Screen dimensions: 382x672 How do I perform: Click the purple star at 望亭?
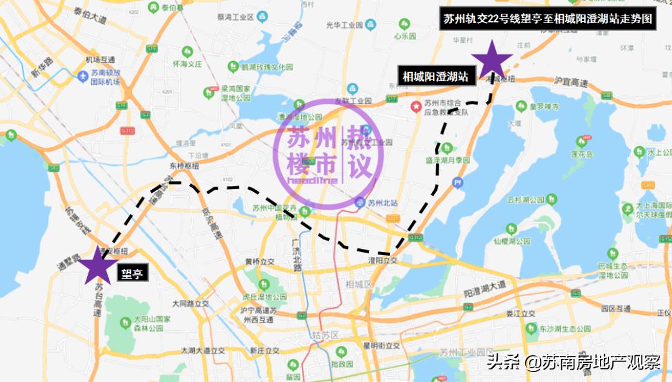tap(98, 268)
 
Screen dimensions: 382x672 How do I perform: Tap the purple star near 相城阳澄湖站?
tap(492, 61)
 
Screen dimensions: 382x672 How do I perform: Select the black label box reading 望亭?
tap(131, 272)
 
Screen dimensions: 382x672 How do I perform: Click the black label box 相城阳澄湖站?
tap(436, 77)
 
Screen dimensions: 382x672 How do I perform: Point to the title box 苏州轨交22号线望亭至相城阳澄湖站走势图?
tap(548, 19)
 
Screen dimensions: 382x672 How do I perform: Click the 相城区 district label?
tap(358, 284)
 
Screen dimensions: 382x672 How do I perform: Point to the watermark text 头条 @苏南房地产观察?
tap(572, 362)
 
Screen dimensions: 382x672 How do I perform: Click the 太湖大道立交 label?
tap(203, 351)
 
